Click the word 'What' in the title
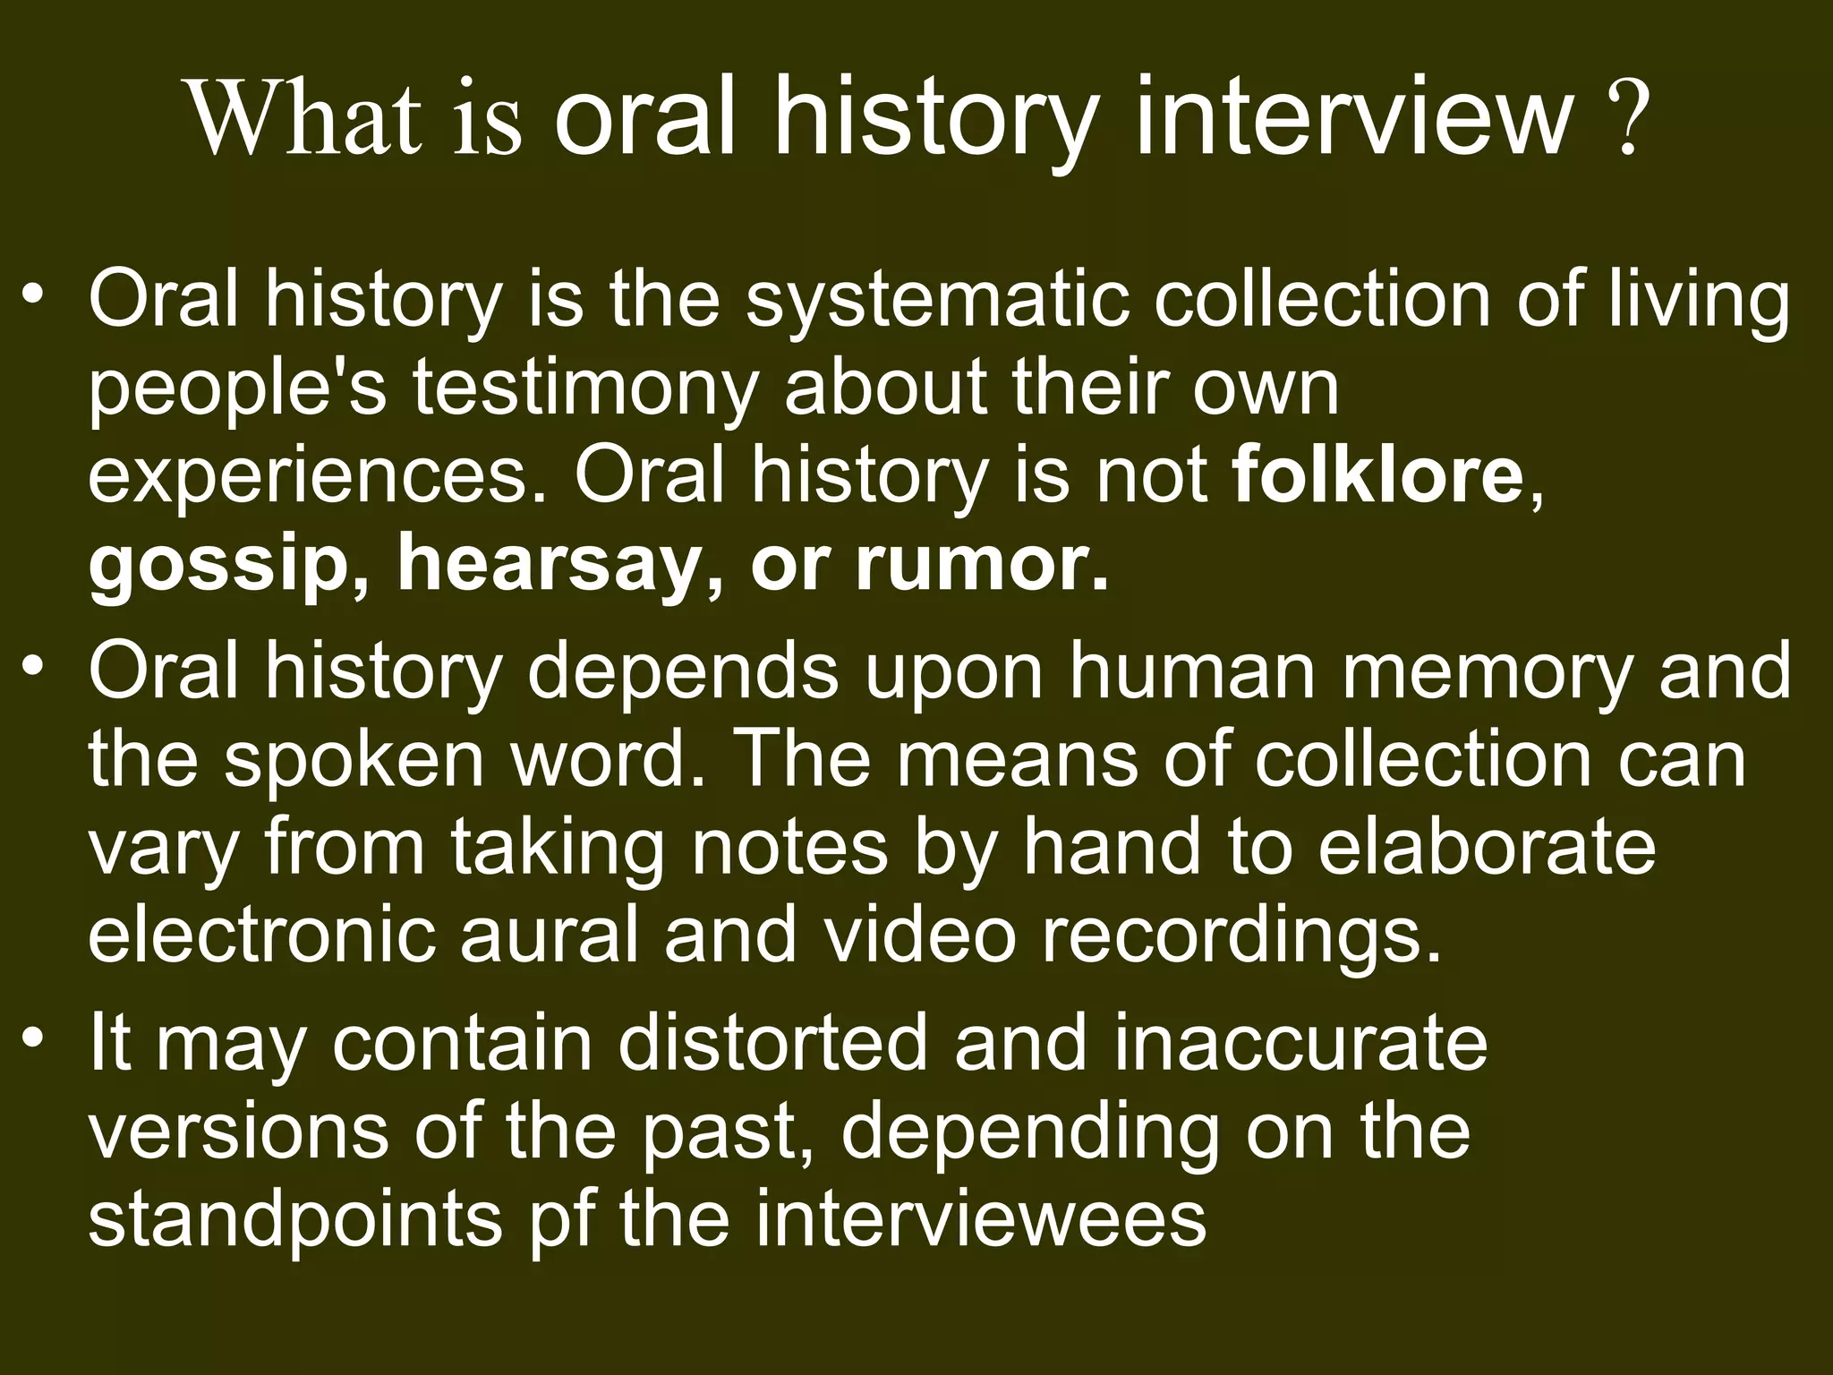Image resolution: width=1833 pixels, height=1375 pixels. click(304, 118)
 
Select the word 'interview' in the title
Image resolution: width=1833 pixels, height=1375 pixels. click(1352, 118)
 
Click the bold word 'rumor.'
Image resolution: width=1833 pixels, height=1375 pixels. click(982, 565)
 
